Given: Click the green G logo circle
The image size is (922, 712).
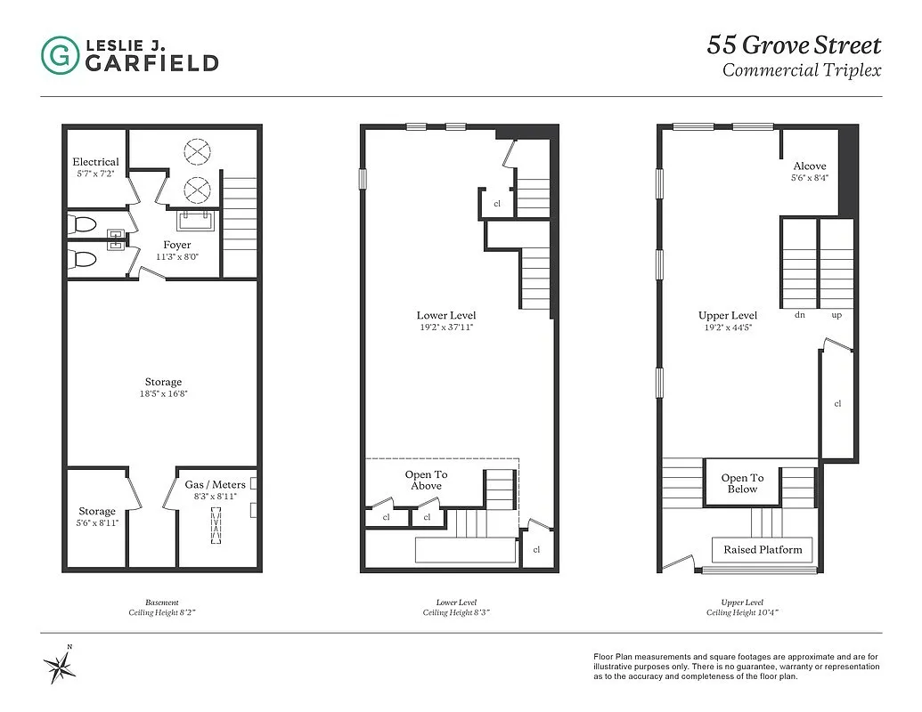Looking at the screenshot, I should [x=60, y=54].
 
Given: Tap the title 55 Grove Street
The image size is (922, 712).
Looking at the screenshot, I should [x=794, y=44].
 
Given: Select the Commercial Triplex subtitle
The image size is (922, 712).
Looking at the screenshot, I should [x=801, y=69].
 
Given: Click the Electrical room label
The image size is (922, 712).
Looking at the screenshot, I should [x=95, y=161].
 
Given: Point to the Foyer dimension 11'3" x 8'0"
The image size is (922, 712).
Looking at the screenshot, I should [x=176, y=256].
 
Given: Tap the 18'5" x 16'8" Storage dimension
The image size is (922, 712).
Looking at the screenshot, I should [x=163, y=393].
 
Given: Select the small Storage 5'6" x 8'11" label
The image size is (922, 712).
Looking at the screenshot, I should [x=96, y=522].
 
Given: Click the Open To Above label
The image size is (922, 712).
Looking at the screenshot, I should [x=426, y=480].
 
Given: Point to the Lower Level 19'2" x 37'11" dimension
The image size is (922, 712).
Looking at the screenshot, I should [x=446, y=327].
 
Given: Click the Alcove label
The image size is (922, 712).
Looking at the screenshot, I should [x=809, y=166].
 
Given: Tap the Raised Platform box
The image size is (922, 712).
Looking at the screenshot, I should [x=763, y=549].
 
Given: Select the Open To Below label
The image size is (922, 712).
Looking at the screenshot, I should [x=742, y=483].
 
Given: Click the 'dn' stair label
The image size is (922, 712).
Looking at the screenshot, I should [x=800, y=315].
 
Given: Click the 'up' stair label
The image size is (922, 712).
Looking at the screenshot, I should [x=836, y=315].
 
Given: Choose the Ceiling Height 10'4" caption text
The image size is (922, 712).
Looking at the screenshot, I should [x=744, y=613].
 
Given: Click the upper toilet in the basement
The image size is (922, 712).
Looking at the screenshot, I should [x=85, y=224].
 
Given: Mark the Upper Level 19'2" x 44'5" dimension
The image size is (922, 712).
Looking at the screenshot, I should [x=728, y=327].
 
